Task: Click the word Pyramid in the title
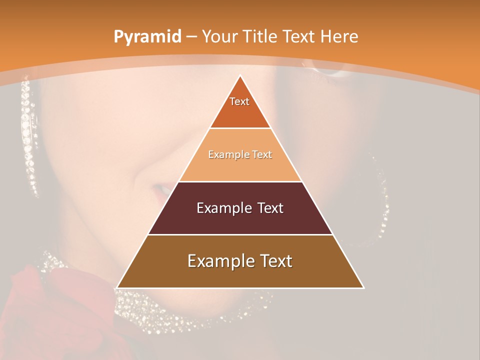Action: (147, 37)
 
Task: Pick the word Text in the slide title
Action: (299, 36)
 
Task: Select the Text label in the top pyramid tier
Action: (239, 101)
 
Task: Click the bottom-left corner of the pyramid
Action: (117, 287)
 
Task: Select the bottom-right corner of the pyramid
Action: (363, 287)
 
